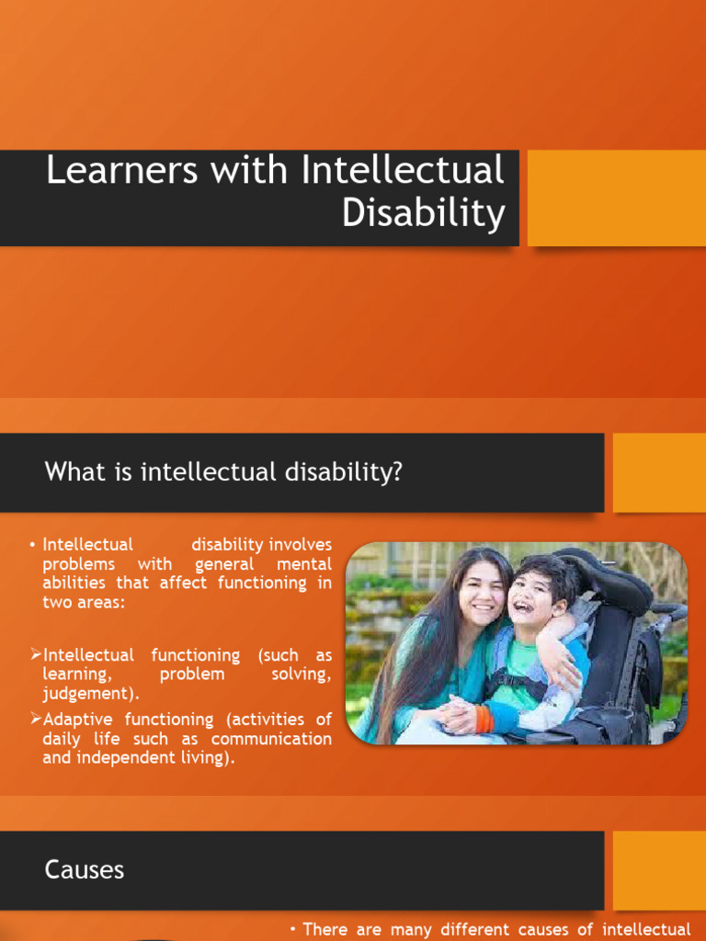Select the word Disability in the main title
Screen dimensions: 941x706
coord(423,213)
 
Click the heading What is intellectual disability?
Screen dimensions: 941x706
coord(223,472)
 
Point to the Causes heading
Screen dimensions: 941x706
coord(84,869)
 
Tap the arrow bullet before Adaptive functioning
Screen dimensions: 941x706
coord(36,720)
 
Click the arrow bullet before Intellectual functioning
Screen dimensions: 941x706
coord(36,655)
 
